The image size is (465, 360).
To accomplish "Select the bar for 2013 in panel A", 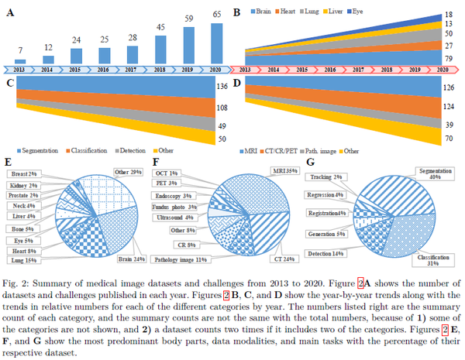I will [20, 61].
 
